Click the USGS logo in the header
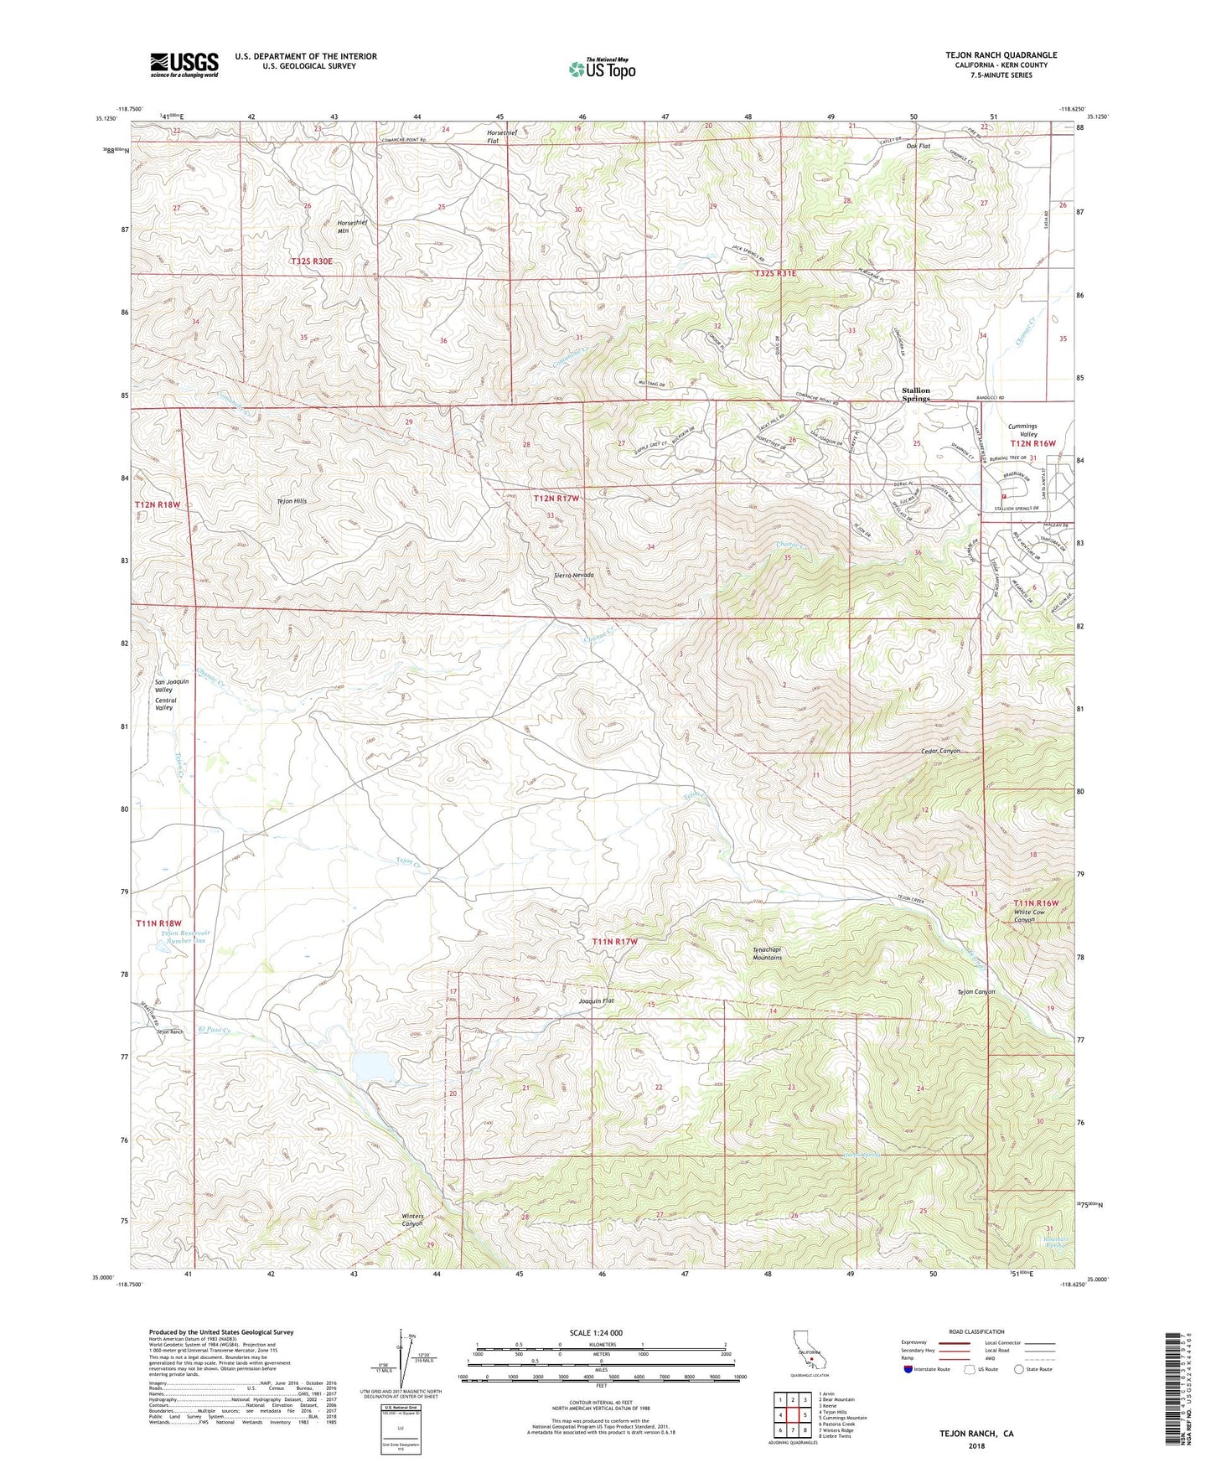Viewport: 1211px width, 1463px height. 184,65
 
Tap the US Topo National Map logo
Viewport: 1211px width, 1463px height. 601,69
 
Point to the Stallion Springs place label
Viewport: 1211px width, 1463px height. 916,395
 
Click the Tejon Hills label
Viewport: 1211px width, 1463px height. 292,501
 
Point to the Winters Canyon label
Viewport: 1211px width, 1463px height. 412,1220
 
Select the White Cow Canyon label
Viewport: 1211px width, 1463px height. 1029,916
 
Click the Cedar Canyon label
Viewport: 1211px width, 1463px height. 939,751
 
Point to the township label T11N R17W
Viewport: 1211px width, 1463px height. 614,942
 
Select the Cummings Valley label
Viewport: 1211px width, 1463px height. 1022,430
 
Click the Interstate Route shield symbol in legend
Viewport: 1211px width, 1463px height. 909,1369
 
